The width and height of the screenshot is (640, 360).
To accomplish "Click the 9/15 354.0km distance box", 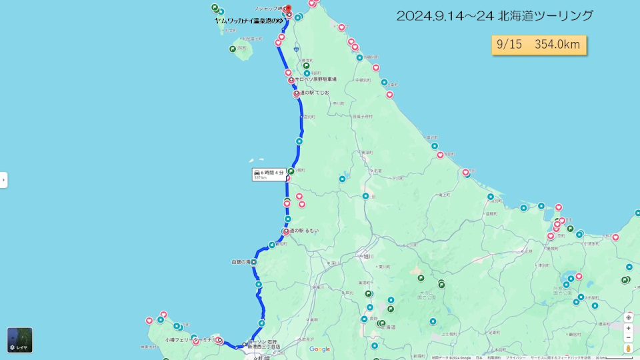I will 539,45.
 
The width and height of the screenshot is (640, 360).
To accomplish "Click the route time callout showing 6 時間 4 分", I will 268,175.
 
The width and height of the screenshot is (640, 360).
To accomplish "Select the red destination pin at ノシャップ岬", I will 287,9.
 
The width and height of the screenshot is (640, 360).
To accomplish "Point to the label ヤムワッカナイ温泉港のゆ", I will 248,21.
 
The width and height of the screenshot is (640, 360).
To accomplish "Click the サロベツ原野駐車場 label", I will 316,79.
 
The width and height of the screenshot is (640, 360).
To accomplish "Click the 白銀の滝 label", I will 240,262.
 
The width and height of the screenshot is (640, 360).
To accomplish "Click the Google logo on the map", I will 319,349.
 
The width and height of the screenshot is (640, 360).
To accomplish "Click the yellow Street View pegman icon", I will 628,349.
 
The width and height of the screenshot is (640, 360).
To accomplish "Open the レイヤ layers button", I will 20,340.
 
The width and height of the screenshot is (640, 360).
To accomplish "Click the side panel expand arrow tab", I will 3,179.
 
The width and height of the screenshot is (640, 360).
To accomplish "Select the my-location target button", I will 628,317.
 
